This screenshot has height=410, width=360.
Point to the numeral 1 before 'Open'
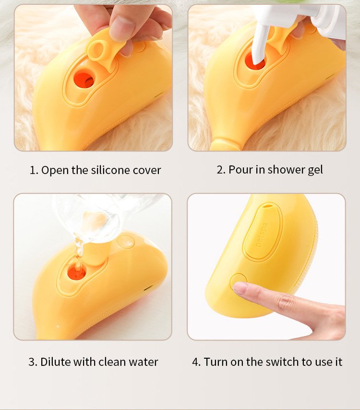click(x=33, y=170)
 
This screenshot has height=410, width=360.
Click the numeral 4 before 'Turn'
click(x=196, y=362)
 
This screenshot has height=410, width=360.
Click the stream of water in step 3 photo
click(x=79, y=249)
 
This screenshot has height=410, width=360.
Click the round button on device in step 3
click(x=126, y=242)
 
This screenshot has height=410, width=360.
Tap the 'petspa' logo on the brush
click(x=262, y=234)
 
